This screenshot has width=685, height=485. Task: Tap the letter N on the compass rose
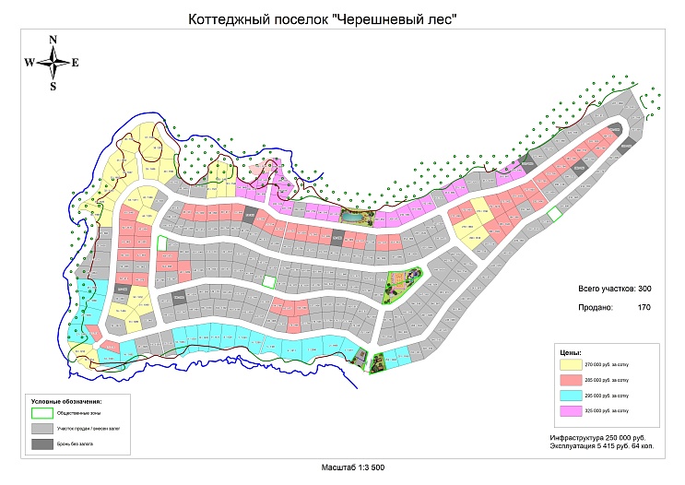53,39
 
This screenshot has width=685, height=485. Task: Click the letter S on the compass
53,87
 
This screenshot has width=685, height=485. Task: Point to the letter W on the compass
30,63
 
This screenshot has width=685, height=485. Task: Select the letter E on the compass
76,63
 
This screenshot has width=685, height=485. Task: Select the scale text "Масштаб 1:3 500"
352,467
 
